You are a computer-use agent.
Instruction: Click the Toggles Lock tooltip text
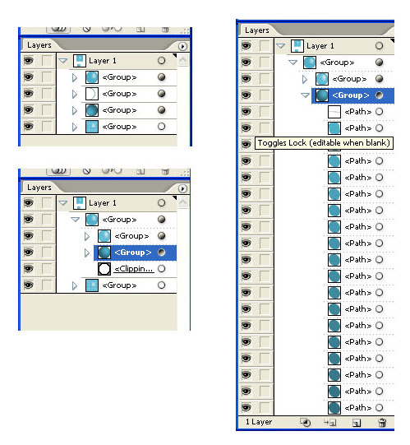coord(324,143)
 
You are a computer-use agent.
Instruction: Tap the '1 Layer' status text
coord(259,422)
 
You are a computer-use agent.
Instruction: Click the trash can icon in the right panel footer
coord(382,423)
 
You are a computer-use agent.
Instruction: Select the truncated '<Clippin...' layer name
coord(134,268)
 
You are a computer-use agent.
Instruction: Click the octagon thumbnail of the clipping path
coord(104,269)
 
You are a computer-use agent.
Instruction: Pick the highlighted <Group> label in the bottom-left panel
coord(133,253)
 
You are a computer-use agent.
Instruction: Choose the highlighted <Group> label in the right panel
coord(351,95)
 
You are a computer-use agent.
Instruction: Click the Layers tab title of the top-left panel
coord(39,45)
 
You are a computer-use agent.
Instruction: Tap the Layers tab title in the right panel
coord(257,30)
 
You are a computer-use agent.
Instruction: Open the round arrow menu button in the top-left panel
coord(182,46)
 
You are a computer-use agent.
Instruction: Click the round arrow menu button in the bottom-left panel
coord(182,188)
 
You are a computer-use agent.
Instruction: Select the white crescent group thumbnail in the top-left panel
coord(91,94)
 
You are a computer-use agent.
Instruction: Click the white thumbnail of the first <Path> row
coord(334,112)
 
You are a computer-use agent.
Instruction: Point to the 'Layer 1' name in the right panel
coord(320,46)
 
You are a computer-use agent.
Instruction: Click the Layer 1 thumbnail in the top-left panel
coord(80,61)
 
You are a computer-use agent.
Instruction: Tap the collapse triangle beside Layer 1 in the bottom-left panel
coord(63,203)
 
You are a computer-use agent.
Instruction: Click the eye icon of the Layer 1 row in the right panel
coord(246,46)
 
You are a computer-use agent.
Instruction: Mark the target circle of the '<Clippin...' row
coord(161,268)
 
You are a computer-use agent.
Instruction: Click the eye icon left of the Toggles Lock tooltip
coord(246,144)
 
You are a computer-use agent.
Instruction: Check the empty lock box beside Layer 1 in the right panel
coord(265,46)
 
